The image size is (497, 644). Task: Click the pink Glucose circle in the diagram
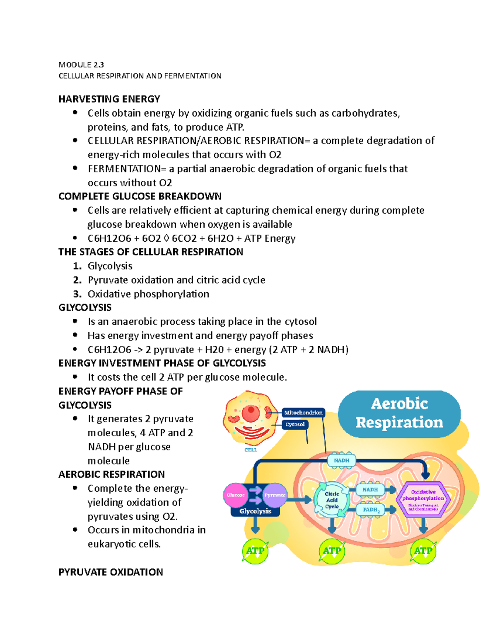235,495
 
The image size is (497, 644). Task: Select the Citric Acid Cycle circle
332,500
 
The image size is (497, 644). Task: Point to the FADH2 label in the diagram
371,510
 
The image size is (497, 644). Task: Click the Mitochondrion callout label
303,413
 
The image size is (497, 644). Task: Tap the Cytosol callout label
295,424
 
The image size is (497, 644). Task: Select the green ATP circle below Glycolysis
255,551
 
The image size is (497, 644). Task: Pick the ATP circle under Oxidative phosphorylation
423,551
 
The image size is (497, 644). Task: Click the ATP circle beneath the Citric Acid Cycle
332,551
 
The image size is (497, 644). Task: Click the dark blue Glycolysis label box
255,511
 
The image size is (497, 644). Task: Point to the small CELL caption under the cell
251,450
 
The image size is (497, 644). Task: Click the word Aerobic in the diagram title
399,403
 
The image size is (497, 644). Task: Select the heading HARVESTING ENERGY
109,99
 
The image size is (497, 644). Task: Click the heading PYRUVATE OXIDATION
111,572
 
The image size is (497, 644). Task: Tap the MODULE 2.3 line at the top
81,65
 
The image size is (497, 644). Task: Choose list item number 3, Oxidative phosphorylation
148,294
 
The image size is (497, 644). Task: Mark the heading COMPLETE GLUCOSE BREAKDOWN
140,196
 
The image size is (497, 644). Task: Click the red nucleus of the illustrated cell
251,413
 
